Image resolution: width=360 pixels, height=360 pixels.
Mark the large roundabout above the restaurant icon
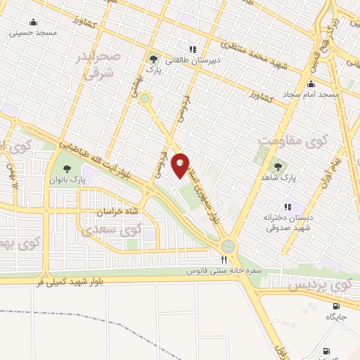click(228, 246)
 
